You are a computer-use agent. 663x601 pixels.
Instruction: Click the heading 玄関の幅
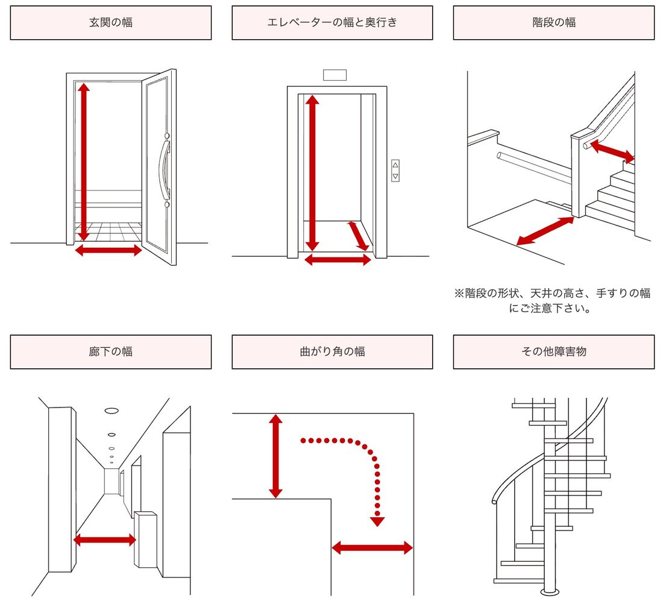pyautogui.click(x=110, y=23)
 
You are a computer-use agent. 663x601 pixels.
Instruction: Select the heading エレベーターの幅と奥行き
pyautogui.click(x=332, y=23)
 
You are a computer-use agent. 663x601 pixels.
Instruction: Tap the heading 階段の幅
pyautogui.click(x=553, y=23)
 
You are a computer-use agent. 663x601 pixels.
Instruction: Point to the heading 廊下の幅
pyautogui.click(x=110, y=351)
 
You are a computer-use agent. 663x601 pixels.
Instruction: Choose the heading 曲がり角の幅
pyautogui.click(x=332, y=351)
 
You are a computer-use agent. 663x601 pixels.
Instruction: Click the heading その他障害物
pyautogui.click(x=553, y=351)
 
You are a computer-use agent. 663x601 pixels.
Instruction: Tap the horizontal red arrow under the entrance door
pyautogui.click(x=108, y=250)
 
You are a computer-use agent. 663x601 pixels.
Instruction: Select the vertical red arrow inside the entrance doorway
pyautogui.click(x=83, y=163)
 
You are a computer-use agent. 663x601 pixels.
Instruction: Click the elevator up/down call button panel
pyautogui.click(x=395, y=170)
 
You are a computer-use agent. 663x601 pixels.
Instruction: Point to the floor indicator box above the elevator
pyautogui.click(x=335, y=75)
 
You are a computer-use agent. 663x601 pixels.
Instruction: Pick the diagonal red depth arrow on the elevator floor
pyautogui.click(x=359, y=236)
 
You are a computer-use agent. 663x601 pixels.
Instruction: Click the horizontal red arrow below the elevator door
pyautogui.click(x=338, y=260)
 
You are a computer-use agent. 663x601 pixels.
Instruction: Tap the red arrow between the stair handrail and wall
pyautogui.click(x=612, y=151)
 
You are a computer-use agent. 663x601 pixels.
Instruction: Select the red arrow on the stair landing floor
pyautogui.click(x=545, y=231)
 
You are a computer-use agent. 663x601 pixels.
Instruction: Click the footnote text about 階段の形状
pyautogui.click(x=553, y=301)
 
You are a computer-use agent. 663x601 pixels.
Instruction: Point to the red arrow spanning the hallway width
pyautogui.click(x=105, y=540)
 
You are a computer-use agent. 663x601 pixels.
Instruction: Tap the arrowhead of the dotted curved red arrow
pyautogui.click(x=377, y=521)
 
